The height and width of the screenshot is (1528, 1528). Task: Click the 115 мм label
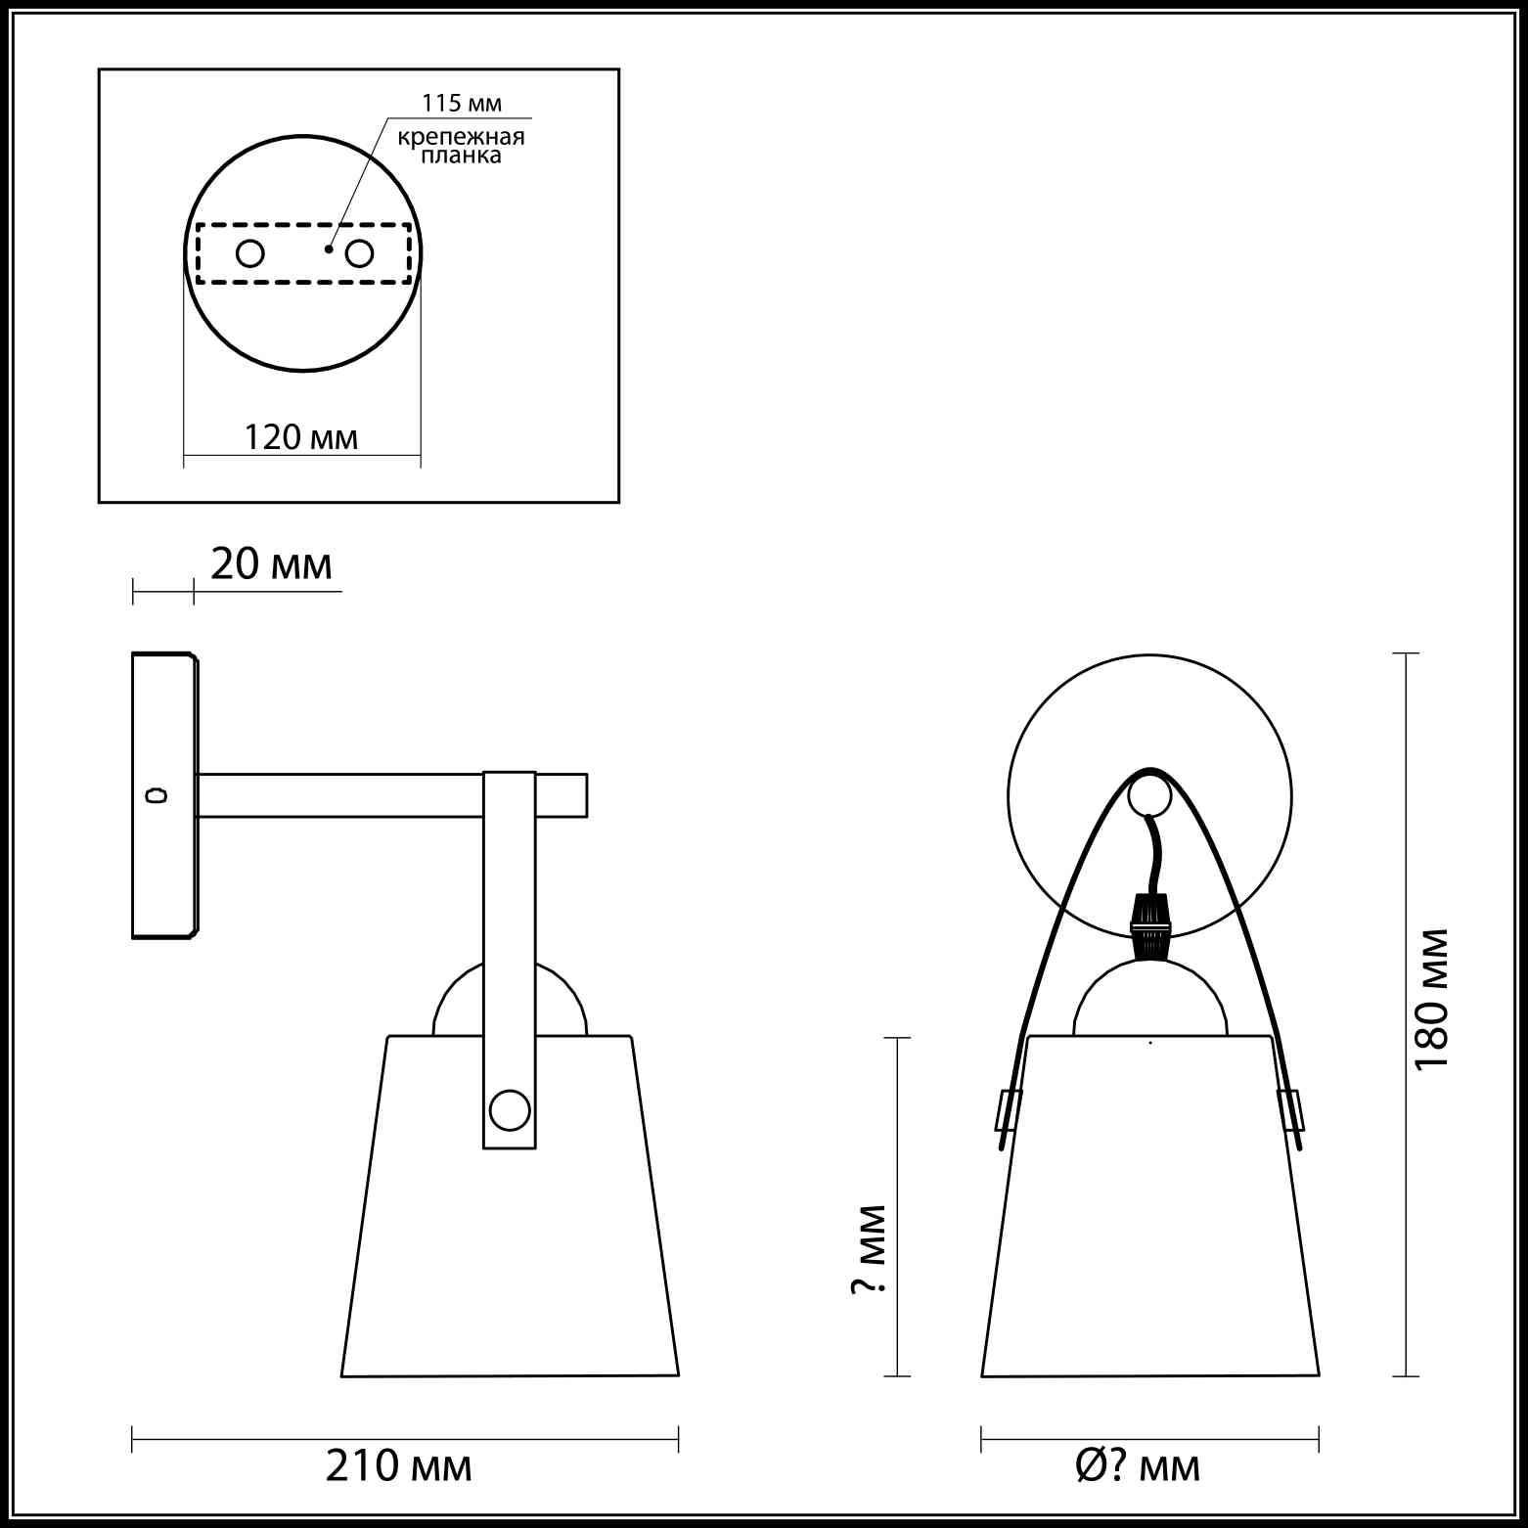pos(462,103)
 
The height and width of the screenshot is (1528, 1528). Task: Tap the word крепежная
pos(462,136)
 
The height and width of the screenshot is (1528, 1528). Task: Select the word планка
pos(462,156)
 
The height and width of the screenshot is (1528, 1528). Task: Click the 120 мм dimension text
pos(301,437)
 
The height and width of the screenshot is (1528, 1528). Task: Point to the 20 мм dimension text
pos(271,564)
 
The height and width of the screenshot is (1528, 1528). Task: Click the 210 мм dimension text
pos(399,1466)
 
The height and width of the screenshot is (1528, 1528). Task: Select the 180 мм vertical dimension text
pos(1433,998)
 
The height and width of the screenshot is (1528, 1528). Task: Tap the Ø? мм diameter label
pos(1137,1466)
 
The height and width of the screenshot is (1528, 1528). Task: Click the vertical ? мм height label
pos(869,1248)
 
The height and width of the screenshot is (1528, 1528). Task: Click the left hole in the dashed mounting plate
pos(250,253)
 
